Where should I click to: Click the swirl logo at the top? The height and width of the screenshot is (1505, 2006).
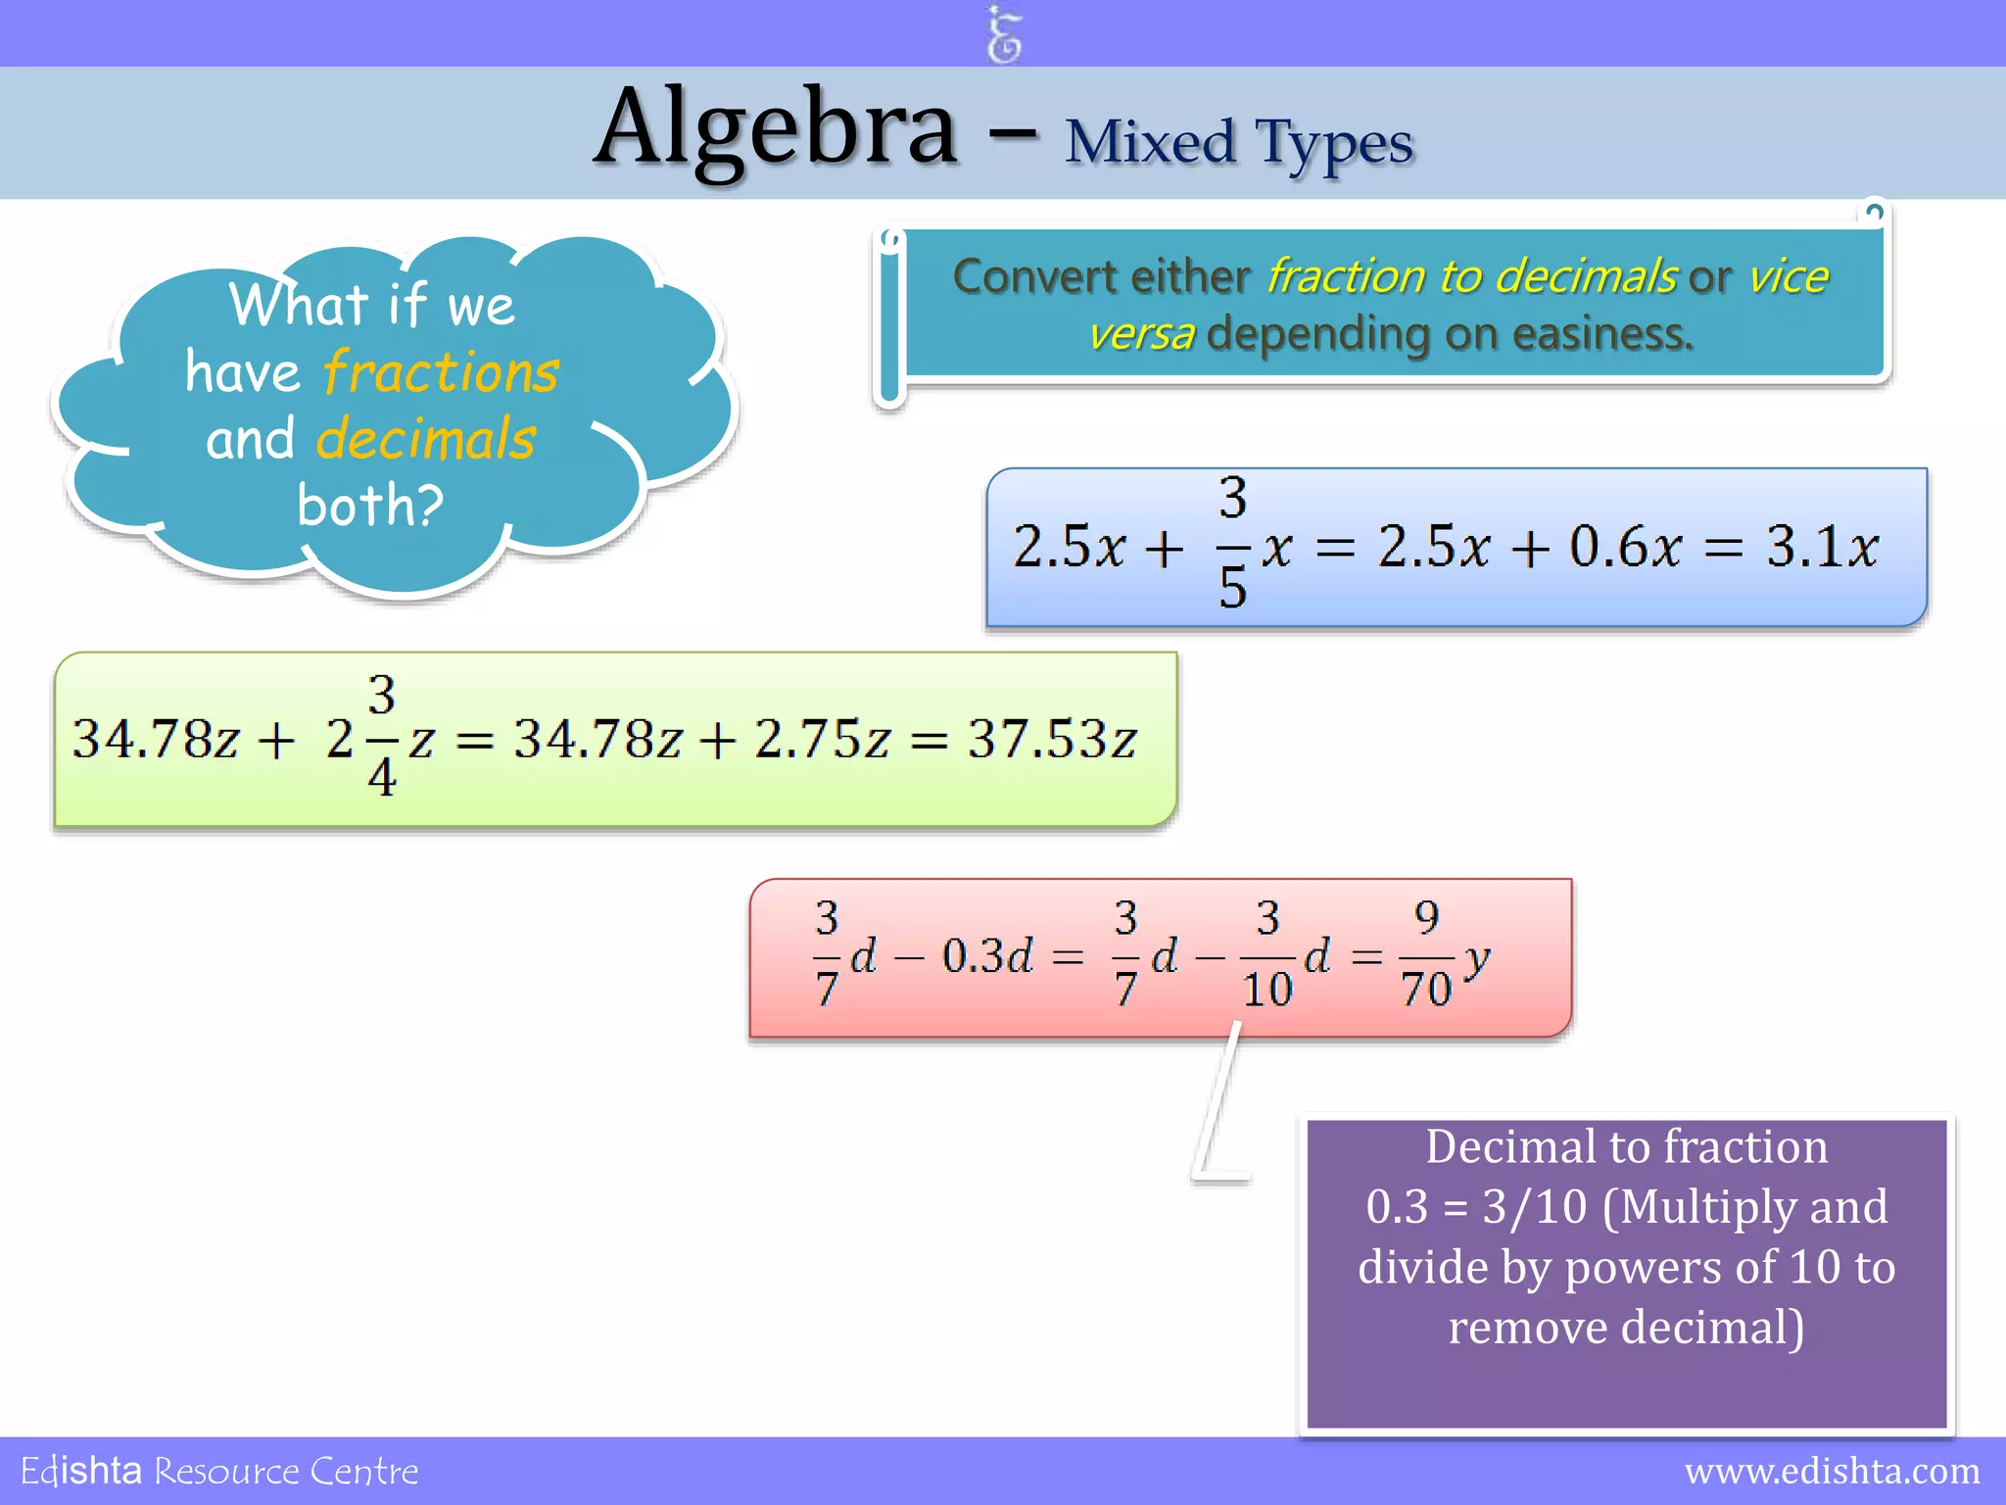(x=1004, y=34)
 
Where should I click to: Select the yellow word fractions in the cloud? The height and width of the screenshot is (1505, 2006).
(x=441, y=372)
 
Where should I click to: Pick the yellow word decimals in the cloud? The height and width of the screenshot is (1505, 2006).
(x=426, y=438)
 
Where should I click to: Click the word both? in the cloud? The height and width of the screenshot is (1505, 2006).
(x=370, y=506)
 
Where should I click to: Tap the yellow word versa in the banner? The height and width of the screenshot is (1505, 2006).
(x=1142, y=334)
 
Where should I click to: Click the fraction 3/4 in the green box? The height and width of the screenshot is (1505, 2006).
(x=381, y=737)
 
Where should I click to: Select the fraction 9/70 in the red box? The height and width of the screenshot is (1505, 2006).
(x=1426, y=954)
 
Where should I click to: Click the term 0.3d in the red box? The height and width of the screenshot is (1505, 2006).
(x=986, y=955)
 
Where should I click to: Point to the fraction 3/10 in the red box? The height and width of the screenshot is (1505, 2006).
(x=1267, y=954)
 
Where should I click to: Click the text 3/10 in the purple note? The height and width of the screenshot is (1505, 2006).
(x=1534, y=1206)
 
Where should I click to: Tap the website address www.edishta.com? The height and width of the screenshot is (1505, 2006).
(x=1832, y=1471)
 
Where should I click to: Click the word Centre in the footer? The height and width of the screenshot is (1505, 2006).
(x=363, y=1472)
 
